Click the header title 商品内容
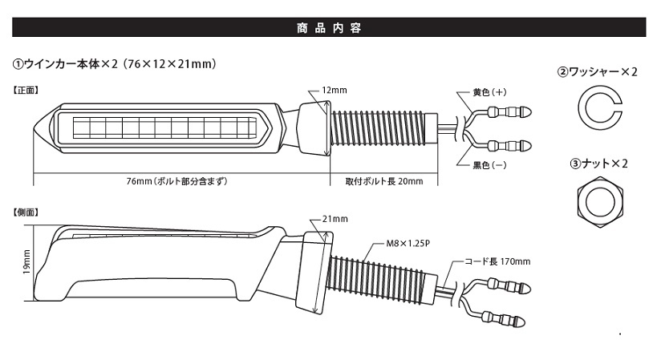pyautogui.click(x=329, y=28)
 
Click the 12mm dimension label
pyautogui.click(x=335, y=90)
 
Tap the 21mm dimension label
pyautogui.click(x=335, y=219)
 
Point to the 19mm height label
pyautogui.click(x=26, y=262)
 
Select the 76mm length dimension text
pyautogui.click(x=176, y=181)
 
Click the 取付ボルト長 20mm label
pyautogui.click(x=383, y=181)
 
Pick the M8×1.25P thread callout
pyautogui.click(x=408, y=243)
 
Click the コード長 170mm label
pyautogui.click(x=497, y=261)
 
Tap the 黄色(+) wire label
pyautogui.click(x=489, y=92)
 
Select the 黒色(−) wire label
pyautogui.click(x=489, y=165)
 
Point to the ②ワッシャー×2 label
pyautogui.click(x=597, y=72)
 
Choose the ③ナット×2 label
pyautogui.click(x=598, y=164)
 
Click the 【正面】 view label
pyautogui.click(x=26, y=90)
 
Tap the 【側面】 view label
pyautogui.click(x=26, y=212)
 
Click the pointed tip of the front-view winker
pyautogui.click(x=34, y=127)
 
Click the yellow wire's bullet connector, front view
pyautogui.click(x=510, y=111)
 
